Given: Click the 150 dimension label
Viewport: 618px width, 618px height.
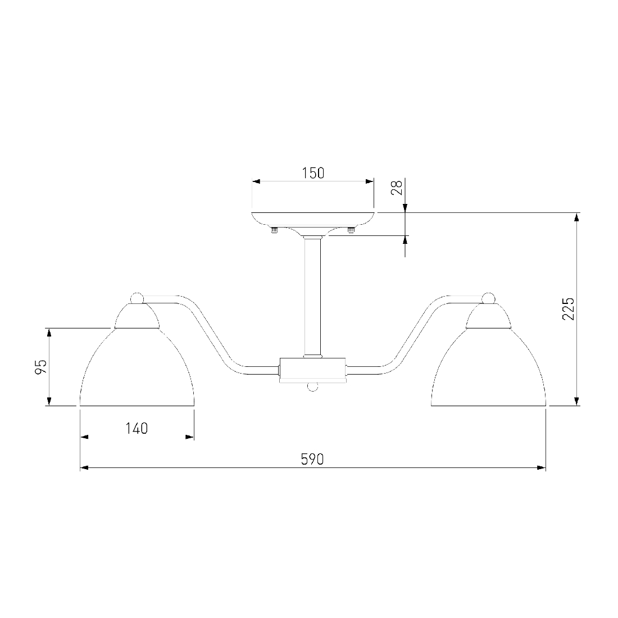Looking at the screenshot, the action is click(x=313, y=173).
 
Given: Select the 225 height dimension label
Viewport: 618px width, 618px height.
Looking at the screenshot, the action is click(x=568, y=309).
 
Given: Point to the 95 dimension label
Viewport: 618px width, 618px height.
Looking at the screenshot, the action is click(x=41, y=367).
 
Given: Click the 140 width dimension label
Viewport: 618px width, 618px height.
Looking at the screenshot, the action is click(x=137, y=428).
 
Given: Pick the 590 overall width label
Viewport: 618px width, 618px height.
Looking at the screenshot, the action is click(x=312, y=459).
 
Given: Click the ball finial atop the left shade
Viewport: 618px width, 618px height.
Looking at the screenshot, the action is click(x=137, y=298).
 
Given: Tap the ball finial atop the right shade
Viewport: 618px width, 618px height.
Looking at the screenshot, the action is click(x=488, y=298).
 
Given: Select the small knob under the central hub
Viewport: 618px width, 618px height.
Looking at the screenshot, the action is click(x=312, y=387).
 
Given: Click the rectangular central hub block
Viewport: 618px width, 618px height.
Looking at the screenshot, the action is click(x=312, y=370).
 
